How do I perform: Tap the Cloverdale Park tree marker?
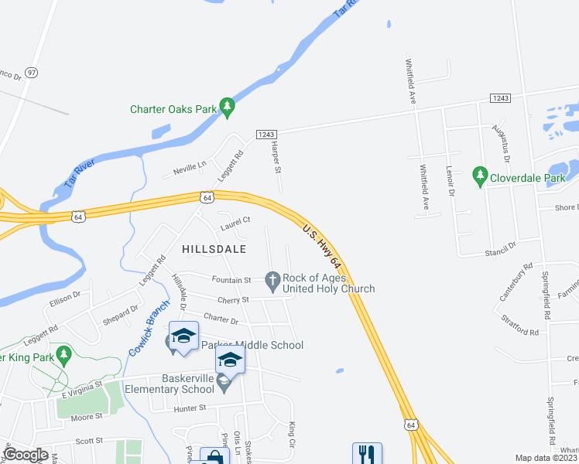[480, 176]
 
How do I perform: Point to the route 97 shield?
[31, 72]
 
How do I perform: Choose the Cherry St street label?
[234, 299]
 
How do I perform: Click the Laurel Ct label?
[235, 220]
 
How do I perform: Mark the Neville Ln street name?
[191, 165]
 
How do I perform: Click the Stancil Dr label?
[501, 247]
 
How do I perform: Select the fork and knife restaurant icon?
[367, 454]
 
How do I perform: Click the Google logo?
[26, 455]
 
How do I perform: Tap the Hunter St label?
[191, 408]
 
